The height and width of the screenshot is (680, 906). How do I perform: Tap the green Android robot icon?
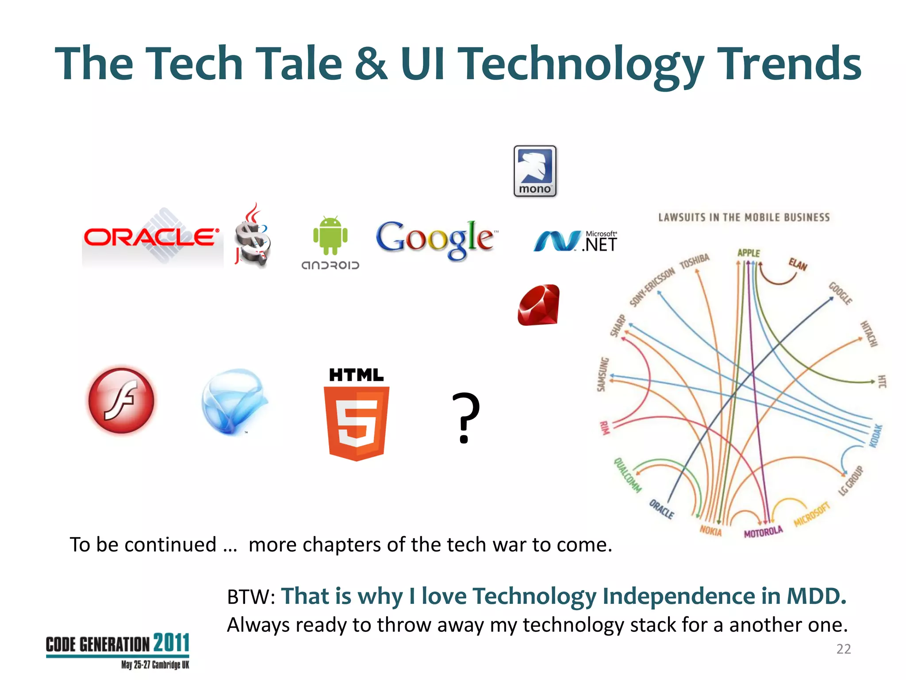click(330, 236)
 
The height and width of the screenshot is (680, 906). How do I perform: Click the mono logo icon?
click(535, 171)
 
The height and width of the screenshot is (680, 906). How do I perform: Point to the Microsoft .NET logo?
click(575, 242)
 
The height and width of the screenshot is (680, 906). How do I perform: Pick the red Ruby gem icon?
click(538, 305)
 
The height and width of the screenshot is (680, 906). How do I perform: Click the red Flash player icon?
click(122, 400)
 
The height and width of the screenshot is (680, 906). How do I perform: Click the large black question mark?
click(465, 417)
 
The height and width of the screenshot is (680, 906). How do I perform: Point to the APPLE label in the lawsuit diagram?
click(749, 253)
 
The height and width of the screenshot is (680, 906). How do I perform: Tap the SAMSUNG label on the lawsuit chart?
click(603, 375)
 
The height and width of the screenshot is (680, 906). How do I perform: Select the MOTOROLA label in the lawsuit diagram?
click(763, 532)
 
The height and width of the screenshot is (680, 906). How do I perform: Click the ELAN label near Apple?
click(798, 264)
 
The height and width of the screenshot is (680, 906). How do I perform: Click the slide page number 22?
click(843, 649)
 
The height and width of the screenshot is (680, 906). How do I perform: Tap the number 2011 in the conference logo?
click(172, 643)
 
